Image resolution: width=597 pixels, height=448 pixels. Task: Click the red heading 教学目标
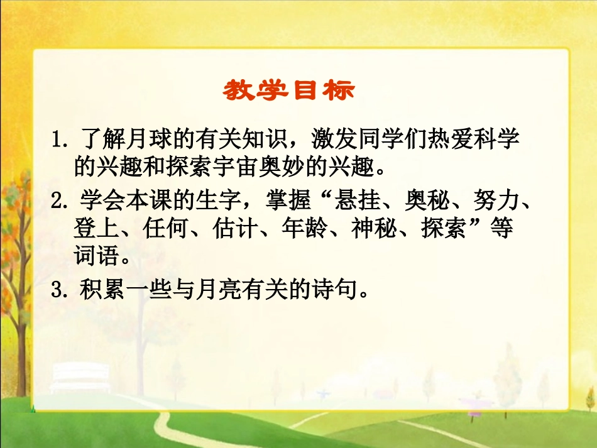(x=288, y=90)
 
